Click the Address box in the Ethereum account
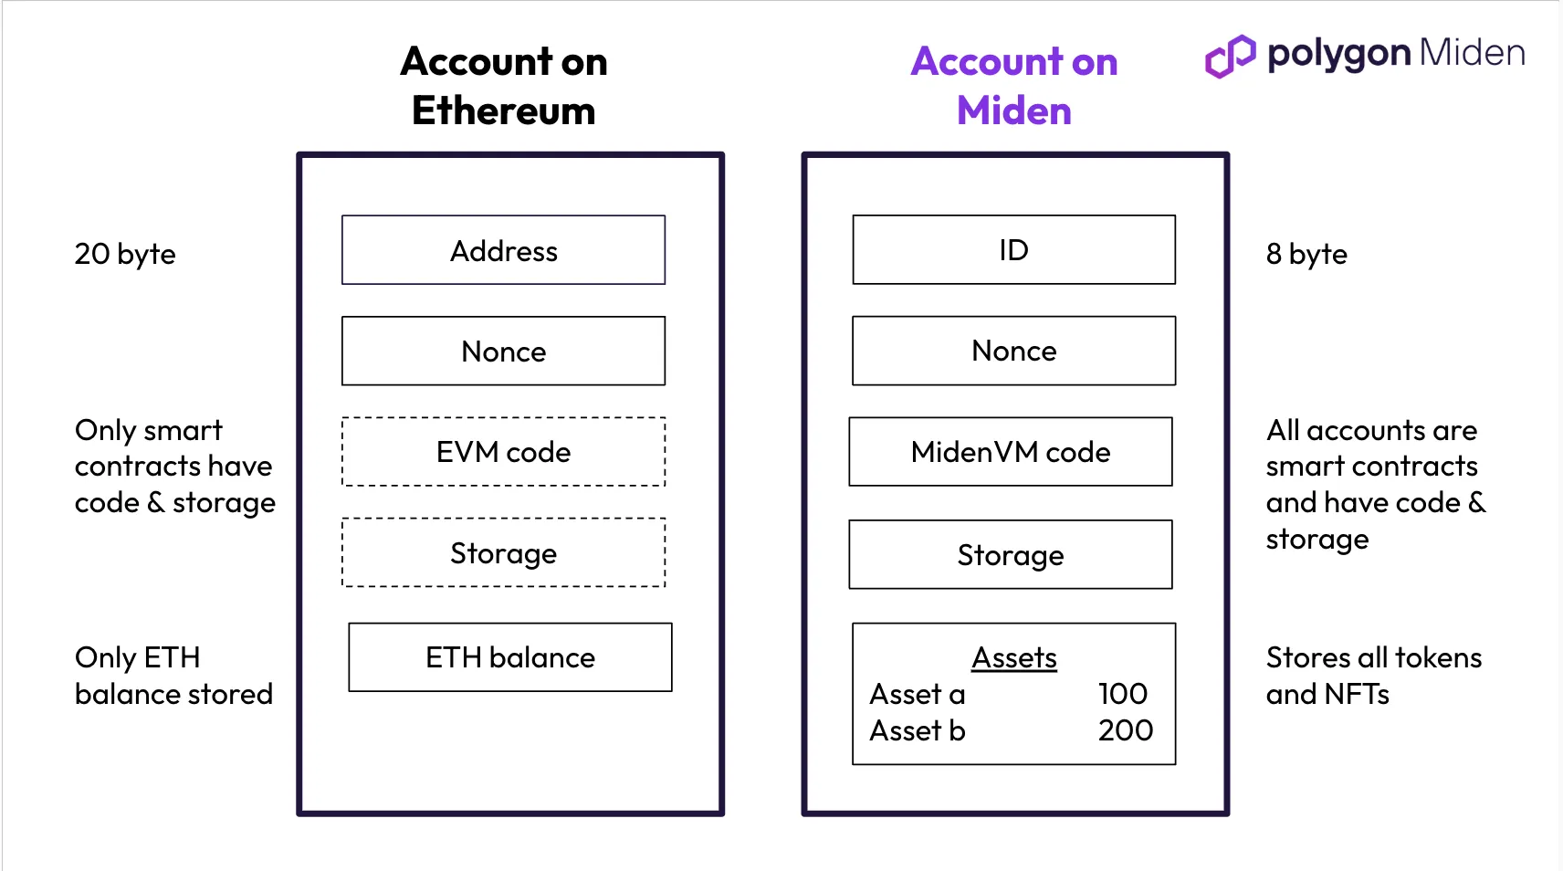pyautogui.click(x=503, y=250)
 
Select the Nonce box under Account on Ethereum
pyautogui.click(x=503, y=352)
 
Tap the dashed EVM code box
pyautogui.click(x=503, y=452)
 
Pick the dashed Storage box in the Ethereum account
pyautogui.click(x=503, y=552)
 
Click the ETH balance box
pyautogui.click(x=510, y=657)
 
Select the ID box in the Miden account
pyautogui.click(x=1014, y=250)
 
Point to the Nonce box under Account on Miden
pyautogui.click(x=1014, y=352)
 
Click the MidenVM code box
pyautogui.click(x=1011, y=452)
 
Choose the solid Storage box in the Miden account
pyautogui.click(x=1011, y=555)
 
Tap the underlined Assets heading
pyautogui.click(x=1014, y=657)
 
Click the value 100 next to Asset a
pyautogui.click(x=1123, y=694)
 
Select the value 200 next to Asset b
pyautogui.click(x=1126, y=730)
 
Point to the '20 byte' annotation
pyautogui.click(x=125, y=254)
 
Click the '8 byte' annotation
pyautogui.click(x=1306, y=254)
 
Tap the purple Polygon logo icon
pyautogui.click(x=1230, y=56)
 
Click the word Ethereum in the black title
pyautogui.click(x=503, y=110)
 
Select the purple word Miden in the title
pyautogui.click(x=1014, y=110)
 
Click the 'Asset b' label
pyautogui.click(x=918, y=730)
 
